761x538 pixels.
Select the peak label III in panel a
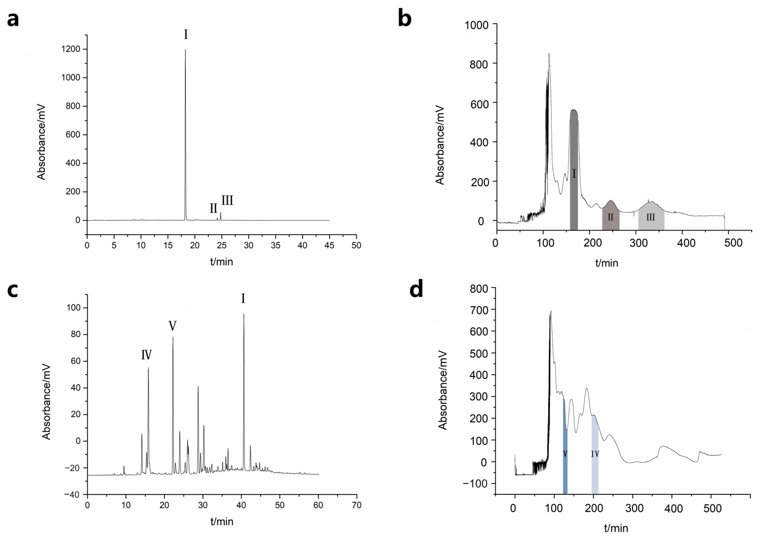tap(227, 200)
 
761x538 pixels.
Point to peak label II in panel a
tap(213, 208)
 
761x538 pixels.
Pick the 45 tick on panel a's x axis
tap(329, 245)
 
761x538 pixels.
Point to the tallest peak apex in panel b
tap(549, 54)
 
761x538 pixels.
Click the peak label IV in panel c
tap(146, 355)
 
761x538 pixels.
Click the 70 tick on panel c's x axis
tap(357, 505)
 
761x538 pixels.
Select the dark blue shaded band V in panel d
tap(565, 464)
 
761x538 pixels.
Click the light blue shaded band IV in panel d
tap(595, 464)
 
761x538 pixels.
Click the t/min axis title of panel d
tap(616, 528)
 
